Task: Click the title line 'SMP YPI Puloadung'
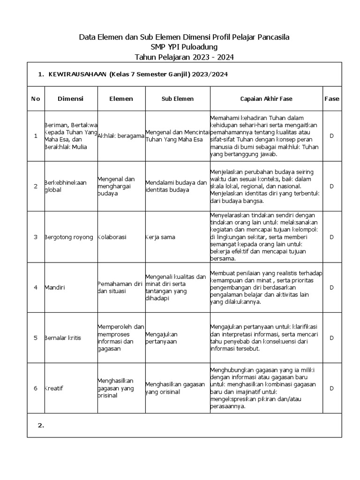tap(184, 47)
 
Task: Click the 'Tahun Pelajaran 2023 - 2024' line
tap(184, 57)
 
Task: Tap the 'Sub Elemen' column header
tap(177, 99)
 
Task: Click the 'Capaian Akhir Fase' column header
tap(266, 99)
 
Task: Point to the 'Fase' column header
tap(331, 99)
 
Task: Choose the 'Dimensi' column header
tap(70, 99)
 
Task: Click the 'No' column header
tap(36, 99)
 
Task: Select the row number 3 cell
tap(36, 237)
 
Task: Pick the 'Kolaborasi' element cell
tap(112, 237)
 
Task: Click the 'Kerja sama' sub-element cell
tap(160, 237)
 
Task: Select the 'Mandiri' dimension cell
tap(55, 287)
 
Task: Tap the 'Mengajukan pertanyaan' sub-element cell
tap(162, 338)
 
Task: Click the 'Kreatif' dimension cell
tap(55, 388)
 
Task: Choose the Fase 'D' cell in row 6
tap(331, 388)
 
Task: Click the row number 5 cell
tap(36, 338)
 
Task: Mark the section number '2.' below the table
tap(41, 425)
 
